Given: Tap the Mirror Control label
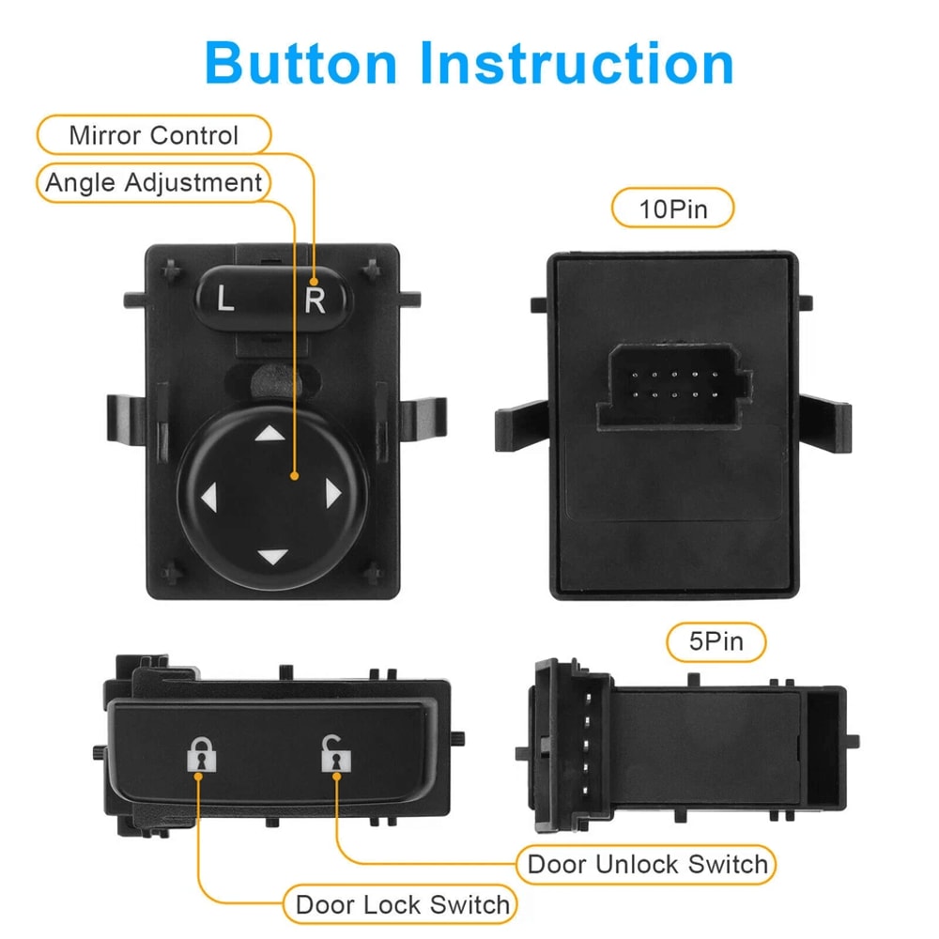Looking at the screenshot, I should pyautogui.click(x=154, y=135).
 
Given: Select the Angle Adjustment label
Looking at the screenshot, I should pyautogui.click(x=154, y=182).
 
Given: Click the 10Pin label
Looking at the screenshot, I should pyautogui.click(x=672, y=208).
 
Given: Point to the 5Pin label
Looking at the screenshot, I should pyautogui.click(x=716, y=642).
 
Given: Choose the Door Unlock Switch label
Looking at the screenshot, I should pyautogui.click(x=647, y=864).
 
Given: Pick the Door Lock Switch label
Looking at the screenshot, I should pyautogui.click(x=402, y=905).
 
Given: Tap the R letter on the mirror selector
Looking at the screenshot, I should pyautogui.click(x=316, y=301).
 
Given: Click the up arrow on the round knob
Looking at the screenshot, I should pyautogui.click(x=270, y=433).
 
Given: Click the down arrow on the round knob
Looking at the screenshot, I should pyautogui.click(x=271, y=556).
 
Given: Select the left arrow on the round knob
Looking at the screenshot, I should pyautogui.click(x=208, y=495).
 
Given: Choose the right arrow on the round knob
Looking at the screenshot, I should pyautogui.click(x=331, y=493).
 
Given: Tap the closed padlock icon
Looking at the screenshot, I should pyautogui.click(x=199, y=754).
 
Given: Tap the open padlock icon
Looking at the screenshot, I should pyautogui.click(x=332, y=754).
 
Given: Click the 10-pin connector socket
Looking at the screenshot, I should pyautogui.click(x=674, y=385).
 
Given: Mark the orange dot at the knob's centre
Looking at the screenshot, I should pyautogui.click(x=295, y=477).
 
